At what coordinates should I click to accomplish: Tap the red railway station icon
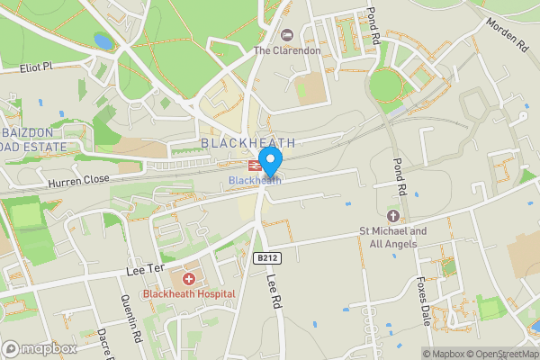(254, 166)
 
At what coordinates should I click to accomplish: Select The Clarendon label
(287, 50)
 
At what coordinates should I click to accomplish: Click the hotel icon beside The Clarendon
(287, 35)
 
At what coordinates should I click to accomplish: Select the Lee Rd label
(275, 294)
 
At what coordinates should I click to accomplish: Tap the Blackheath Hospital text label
(189, 293)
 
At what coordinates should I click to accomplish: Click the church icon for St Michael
(392, 216)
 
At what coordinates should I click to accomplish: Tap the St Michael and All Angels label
(393, 237)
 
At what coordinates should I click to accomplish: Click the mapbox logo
(40, 348)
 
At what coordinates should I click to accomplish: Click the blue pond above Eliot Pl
(103, 41)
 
